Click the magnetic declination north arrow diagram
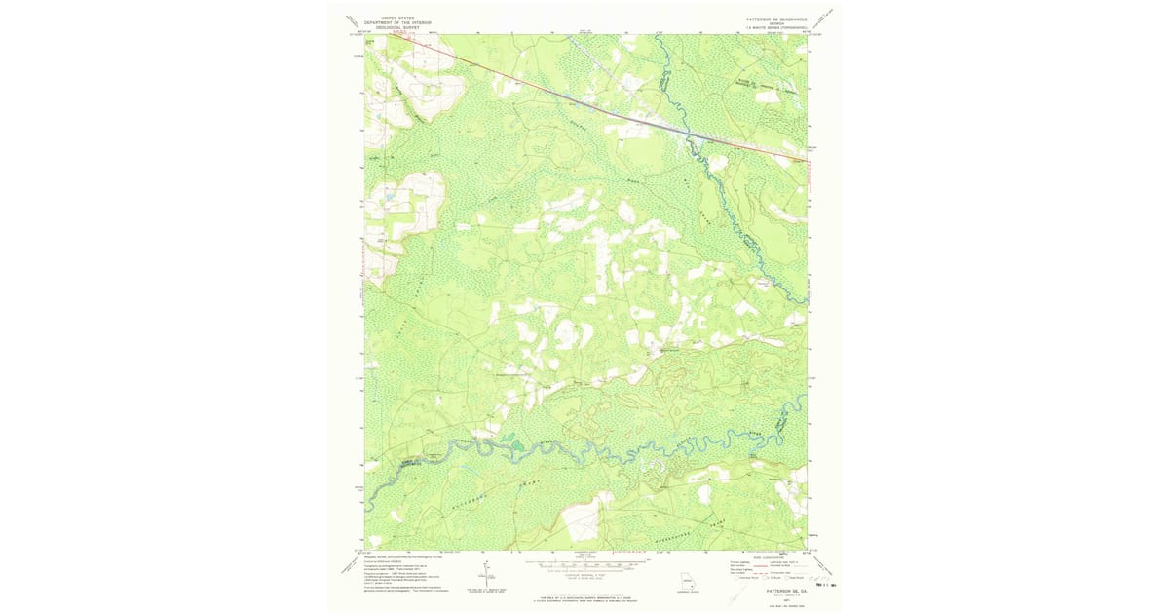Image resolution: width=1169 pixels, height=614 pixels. tap(484, 575)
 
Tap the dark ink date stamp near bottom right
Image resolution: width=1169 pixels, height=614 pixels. tap(826, 585)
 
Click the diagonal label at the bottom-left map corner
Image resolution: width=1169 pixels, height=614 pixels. tap(349, 565)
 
